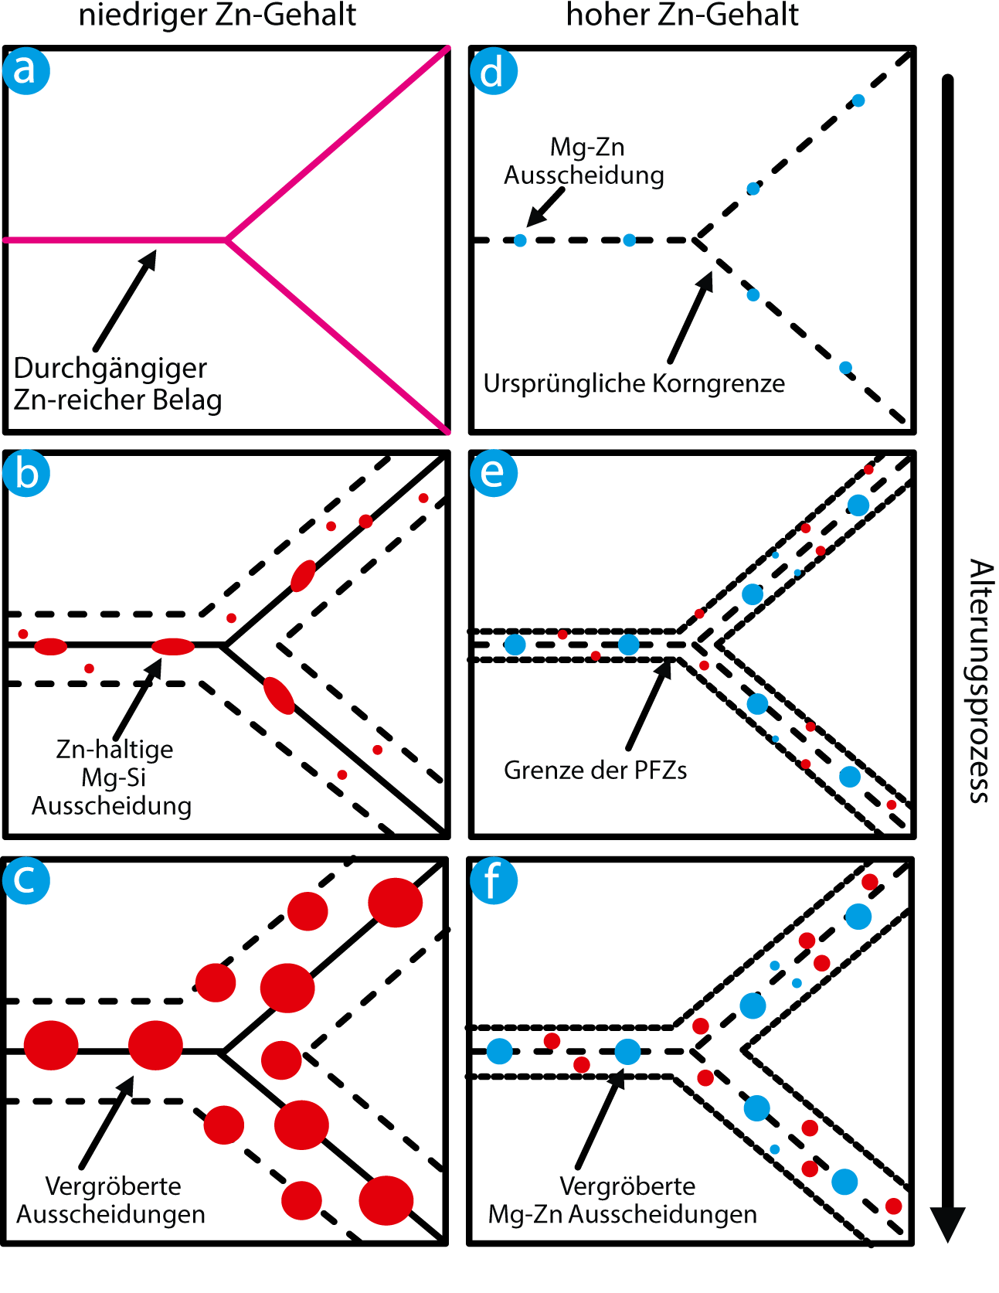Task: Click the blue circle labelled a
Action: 26,70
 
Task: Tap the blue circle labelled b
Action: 26,473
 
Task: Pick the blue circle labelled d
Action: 494,71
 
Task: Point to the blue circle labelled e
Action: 494,472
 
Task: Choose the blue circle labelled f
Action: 494,880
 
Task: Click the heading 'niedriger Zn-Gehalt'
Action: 217,15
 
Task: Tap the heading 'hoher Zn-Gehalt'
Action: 682,15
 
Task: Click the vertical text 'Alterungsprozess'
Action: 980,681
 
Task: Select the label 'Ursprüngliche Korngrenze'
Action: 634,383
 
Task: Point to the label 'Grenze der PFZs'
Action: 595,770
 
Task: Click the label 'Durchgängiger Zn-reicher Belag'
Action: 117,384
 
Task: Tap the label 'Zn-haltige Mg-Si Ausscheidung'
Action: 113,778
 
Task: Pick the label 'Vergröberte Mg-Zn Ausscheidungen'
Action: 623,1200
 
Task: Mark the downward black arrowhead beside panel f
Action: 947,1223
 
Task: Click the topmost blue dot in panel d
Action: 858,100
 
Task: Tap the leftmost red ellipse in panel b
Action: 51,646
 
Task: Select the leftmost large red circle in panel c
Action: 51,1045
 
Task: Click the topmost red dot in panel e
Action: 868,469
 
